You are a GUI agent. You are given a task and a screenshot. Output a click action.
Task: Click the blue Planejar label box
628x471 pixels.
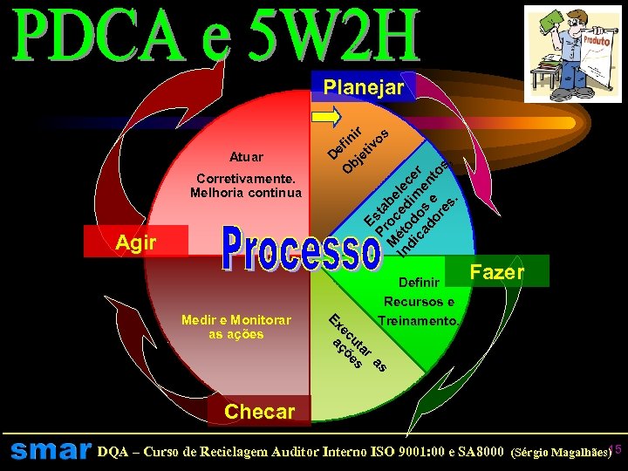(x=363, y=87)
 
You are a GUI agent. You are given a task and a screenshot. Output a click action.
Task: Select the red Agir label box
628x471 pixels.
(x=135, y=242)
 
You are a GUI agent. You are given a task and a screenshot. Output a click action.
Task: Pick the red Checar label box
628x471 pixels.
(x=259, y=411)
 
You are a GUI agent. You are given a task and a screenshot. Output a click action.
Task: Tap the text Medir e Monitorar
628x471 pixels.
(x=236, y=320)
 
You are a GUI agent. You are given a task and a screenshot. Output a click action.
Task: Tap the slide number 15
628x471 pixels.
(x=614, y=448)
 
